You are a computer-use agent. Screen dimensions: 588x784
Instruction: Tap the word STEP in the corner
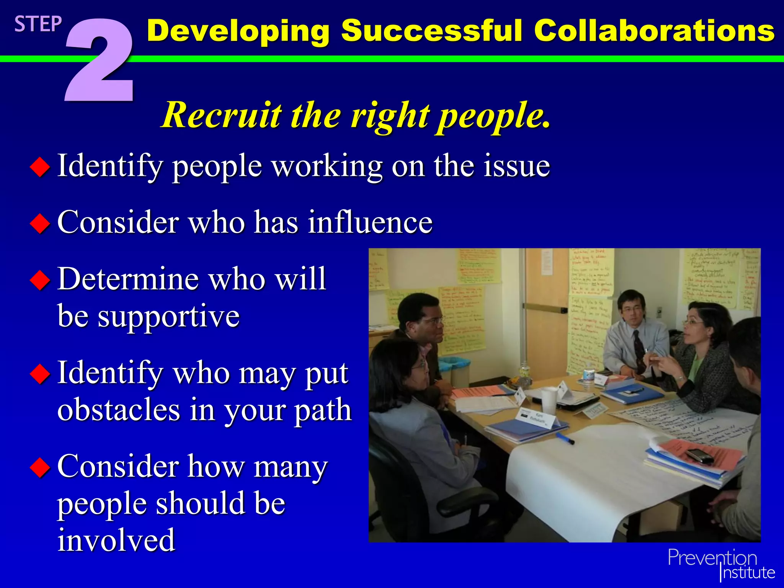coord(38,24)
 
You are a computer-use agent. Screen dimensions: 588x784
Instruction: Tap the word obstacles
coord(119,410)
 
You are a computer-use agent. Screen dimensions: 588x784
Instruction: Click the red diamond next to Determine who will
coord(40,280)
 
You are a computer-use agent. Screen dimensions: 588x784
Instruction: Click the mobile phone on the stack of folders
coord(699,456)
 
